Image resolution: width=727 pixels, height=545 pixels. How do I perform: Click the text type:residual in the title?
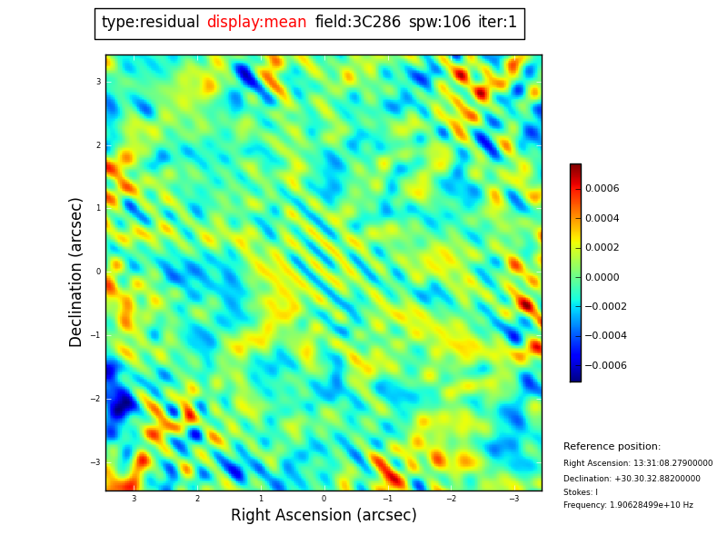tap(150, 23)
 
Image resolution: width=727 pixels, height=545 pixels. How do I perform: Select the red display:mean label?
tap(256, 23)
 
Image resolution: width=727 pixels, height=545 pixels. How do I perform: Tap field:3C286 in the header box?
tap(357, 23)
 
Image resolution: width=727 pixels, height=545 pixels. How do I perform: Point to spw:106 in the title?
tap(439, 23)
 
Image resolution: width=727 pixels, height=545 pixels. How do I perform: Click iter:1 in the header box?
tap(497, 23)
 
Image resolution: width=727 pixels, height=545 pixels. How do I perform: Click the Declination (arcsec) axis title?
tap(76, 272)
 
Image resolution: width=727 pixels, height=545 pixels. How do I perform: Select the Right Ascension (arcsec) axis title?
tap(324, 516)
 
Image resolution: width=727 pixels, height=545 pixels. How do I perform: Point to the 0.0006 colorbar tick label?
tap(602, 189)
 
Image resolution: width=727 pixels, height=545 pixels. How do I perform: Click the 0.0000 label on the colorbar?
tap(602, 277)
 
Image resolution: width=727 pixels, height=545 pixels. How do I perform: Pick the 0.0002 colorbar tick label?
tap(602, 248)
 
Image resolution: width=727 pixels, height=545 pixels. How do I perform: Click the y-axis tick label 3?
tap(98, 82)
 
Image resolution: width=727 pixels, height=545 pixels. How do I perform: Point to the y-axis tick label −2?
tap(95, 399)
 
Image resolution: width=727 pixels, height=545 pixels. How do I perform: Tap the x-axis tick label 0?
tap(324, 499)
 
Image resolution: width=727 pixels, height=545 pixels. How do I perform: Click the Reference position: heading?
tap(612, 447)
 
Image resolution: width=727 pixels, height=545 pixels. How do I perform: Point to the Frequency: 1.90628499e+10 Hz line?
tap(628, 505)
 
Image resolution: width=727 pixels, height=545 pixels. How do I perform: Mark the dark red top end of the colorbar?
tap(575, 167)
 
